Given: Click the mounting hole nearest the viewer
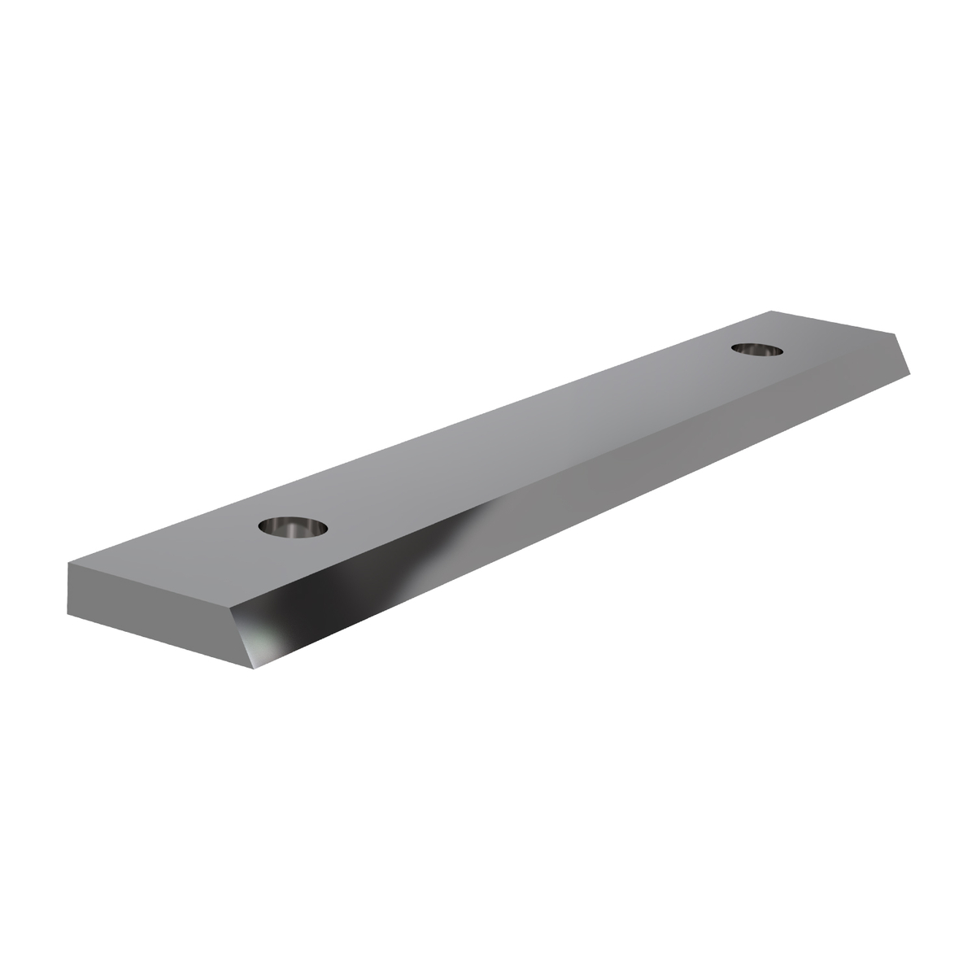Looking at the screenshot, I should pos(294,526).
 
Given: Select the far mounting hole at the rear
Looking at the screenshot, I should pos(756,349).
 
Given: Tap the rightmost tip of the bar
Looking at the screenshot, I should pos(910,375).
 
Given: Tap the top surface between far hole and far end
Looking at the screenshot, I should pos(821,342).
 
